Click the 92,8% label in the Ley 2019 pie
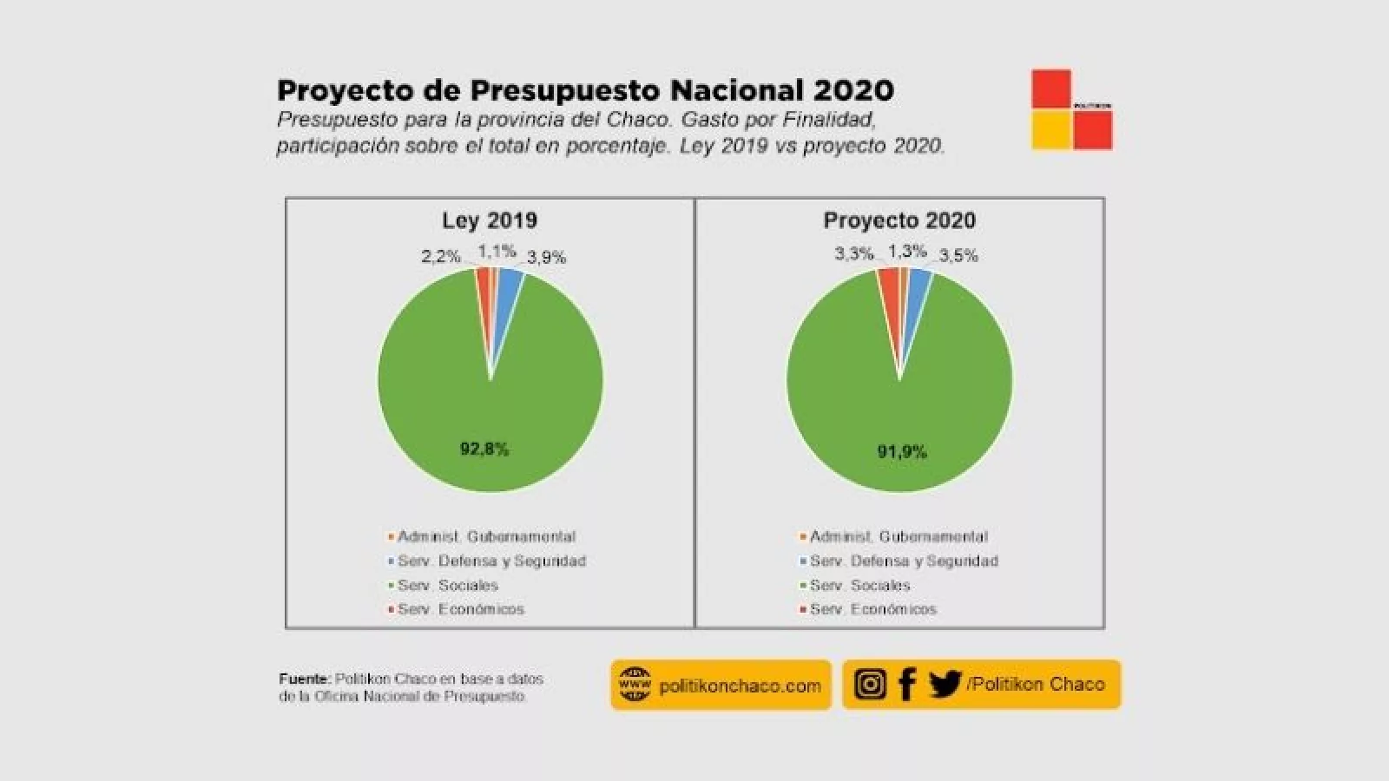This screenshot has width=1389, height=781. coord(484,449)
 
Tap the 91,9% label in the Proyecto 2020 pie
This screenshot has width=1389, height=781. coord(902,451)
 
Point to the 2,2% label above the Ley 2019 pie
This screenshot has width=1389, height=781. coord(441,256)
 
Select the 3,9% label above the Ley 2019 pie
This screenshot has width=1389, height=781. coord(547,257)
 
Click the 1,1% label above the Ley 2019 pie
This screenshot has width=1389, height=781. coord(497,252)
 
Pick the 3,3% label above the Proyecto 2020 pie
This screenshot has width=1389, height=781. coord(854,253)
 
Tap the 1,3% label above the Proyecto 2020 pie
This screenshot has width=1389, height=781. coord(907,251)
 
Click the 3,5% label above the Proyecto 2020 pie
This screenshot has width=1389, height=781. coord(958,255)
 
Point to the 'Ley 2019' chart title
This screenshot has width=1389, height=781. coord(490,220)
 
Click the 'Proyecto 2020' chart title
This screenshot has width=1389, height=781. coord(899,220)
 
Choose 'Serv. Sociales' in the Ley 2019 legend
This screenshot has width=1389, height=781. coord(448,585)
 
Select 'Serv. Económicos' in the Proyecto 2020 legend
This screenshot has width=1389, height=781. coord(873,609)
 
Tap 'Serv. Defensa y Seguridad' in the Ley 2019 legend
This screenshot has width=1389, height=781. coord(491,561)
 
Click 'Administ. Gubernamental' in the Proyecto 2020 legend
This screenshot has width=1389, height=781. coord(899,536)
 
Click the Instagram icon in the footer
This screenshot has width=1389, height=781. coord(870,684)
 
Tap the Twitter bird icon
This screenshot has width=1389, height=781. coord(945,684)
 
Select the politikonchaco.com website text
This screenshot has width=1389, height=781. coord(740,686)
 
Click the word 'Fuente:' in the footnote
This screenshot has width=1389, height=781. coord(305,679)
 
